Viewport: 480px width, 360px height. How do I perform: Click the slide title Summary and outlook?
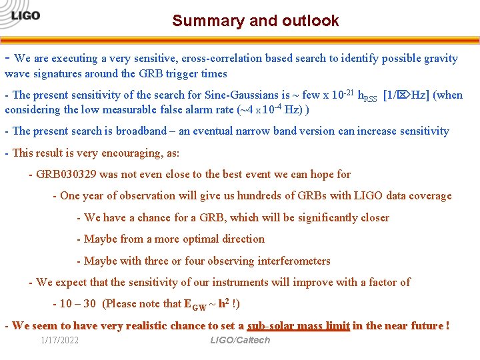coord(255,21)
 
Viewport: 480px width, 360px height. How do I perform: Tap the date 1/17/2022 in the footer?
coord(59,340)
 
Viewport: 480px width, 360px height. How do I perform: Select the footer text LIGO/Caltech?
coord(240,340)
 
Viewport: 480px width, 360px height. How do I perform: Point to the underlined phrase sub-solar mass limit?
coord(298,325)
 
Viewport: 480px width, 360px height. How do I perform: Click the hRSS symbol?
coord(367,96)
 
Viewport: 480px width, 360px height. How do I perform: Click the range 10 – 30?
coord(79,303)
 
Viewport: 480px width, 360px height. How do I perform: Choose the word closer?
coord(373,217)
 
